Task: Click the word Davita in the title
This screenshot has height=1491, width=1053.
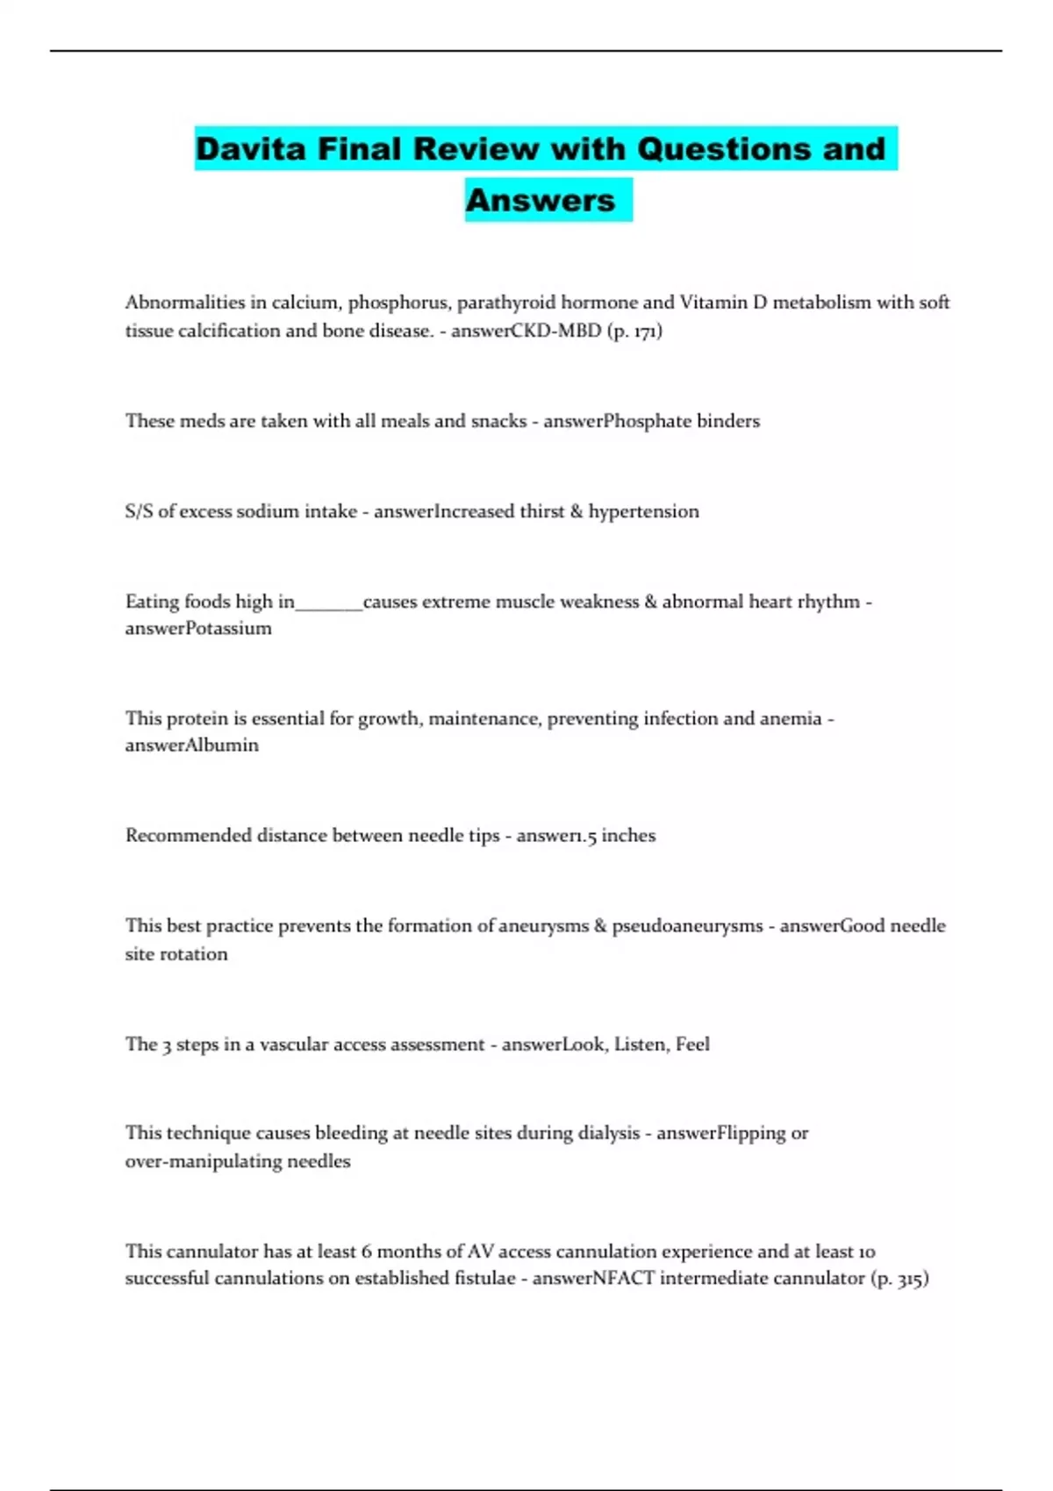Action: pyautogui.click(x=250, y=149)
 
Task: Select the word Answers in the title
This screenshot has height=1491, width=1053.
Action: pyautogui.click(x=541, y=200)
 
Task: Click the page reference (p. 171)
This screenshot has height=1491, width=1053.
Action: pyautogui.click(x=634, y=331)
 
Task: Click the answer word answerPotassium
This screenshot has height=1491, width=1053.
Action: pyautogui.click(x=198, y=628)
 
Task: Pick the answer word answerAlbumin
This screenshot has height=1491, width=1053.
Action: pyautogui.click(x=191, y=745)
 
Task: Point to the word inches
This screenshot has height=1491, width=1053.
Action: pyautogui.click(x=628, y=835)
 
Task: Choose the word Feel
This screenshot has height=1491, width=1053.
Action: pyautogui.click(x=692, y=1044)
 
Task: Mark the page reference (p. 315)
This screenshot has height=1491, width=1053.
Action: pyautogui.click(x=899, y=1278)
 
